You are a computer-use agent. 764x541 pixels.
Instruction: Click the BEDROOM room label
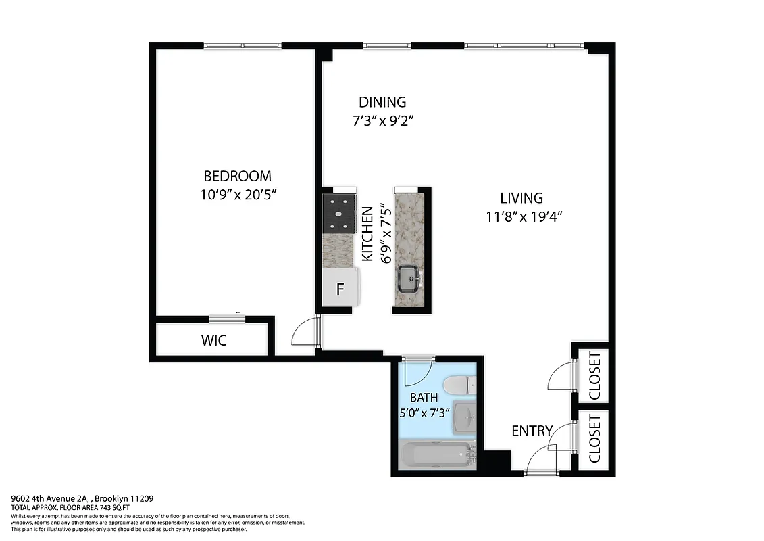pos(237,177)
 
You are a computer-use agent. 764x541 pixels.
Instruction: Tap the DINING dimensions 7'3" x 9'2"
pos(382,122)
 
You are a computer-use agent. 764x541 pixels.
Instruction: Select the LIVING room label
pos(521,198)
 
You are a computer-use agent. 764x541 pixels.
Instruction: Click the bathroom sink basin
pos(464,416)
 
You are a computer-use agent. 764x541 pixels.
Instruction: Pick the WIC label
pos(213,341)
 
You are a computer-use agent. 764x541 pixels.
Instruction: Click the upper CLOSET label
pos(594,375)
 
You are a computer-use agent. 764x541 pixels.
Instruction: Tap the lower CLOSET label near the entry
pos(594,439)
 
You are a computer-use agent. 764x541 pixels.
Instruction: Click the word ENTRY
pos(532,431)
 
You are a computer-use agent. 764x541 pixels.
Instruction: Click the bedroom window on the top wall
pos(243,46)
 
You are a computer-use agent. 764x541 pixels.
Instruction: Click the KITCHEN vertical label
pos(367,234)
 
